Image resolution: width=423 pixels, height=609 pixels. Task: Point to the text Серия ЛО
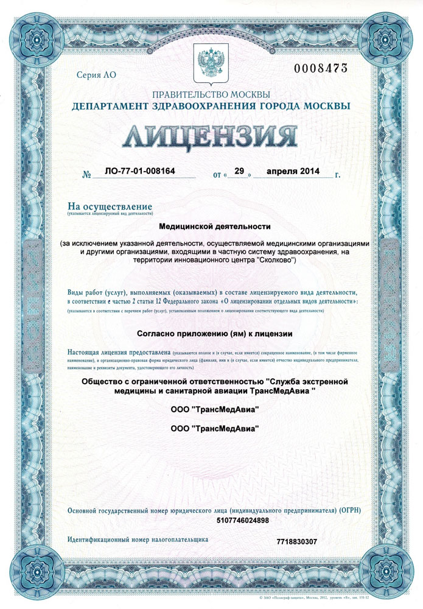96,76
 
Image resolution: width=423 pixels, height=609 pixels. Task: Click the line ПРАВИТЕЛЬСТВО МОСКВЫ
211,94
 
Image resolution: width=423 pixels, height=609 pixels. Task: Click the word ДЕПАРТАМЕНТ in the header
106,106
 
